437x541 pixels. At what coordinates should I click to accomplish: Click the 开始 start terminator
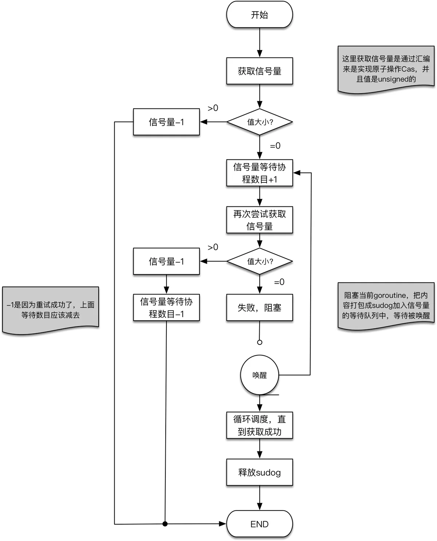tap(259, 15)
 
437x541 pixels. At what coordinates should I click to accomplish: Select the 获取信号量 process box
tap(259, 71)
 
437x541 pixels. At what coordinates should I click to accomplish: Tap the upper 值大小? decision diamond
tap(259, 122)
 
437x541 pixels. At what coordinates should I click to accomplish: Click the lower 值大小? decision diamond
tap(259, 261)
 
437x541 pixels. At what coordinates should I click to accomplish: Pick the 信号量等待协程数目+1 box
tap(259, 173)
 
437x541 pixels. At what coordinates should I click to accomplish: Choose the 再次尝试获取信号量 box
tap(259, 220)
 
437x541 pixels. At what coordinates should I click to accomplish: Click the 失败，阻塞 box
tap(259, 308)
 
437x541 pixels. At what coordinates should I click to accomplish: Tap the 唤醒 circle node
tap(259, 375)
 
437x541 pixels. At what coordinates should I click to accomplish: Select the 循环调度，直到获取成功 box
tap(259, 425)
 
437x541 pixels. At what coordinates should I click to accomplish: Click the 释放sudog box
tap(259, 472)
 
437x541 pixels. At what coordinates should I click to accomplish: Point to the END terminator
tap(259, 524)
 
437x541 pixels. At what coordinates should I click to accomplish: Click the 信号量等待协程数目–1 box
tap(166, 308)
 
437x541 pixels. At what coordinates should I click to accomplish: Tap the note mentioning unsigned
tap(386, 69)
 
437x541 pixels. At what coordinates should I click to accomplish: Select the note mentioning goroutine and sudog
tap(386, 305)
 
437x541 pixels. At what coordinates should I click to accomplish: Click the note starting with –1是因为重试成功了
tap(51, 310)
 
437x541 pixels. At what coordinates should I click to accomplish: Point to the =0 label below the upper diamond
tap(275, 146)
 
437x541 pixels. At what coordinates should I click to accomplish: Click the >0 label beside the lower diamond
tap(213, 247)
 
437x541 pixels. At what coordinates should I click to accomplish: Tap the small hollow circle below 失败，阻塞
tap(260, 342)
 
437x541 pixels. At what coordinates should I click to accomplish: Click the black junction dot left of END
tap(165, 524)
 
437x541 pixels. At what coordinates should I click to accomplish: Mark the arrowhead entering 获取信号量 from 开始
tap(260, 54)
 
